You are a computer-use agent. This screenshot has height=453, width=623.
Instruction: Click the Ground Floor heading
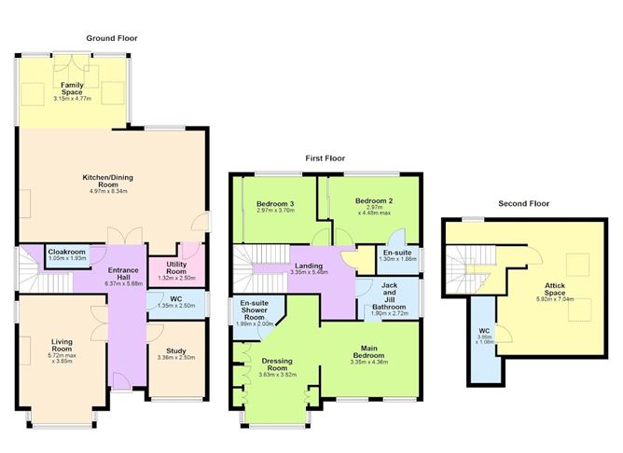click(112, 38)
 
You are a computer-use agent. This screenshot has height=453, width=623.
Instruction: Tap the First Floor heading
click(325, 158)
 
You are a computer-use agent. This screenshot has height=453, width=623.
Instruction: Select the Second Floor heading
click(523, 203)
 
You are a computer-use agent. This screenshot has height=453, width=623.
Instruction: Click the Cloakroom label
click(67, 252)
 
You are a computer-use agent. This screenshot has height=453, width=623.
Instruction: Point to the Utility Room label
click(176, 268)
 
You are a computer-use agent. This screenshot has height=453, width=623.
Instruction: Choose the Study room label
click(176, 351)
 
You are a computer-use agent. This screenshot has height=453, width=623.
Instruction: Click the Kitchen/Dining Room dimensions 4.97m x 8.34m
click(108, 191)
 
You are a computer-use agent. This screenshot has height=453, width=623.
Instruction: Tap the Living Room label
click(62, 345)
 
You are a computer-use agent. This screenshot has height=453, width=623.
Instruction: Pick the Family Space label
click(72, 89)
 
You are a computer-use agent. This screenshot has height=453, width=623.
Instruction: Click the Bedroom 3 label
click(275, 204)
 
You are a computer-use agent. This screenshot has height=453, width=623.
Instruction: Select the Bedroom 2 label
click(374, 201)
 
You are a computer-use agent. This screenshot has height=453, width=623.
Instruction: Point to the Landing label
click(309, 266)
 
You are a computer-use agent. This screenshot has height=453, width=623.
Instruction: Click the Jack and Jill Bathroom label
click(389, 295)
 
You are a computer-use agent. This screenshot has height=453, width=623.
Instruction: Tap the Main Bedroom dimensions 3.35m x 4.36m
click(369, 362)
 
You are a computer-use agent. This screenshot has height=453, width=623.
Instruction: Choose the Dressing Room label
click(277, 364)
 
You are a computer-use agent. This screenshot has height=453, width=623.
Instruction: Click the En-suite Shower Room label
click(255, 310)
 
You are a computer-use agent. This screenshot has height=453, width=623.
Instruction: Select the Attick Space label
click(555, 289)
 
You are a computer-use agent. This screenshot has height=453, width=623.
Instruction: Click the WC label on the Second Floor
click(484, 331)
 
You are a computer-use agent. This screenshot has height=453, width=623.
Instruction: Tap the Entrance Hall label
click(123, 273)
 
